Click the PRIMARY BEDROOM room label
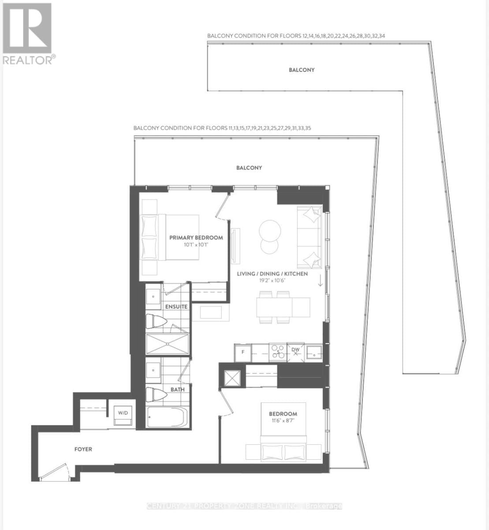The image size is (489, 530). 196,238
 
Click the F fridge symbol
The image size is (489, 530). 242,352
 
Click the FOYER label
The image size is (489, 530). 83,449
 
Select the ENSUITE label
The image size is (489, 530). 176,307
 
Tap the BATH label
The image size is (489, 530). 178,390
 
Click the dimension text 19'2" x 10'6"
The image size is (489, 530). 272,280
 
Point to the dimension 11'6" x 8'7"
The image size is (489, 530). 283,420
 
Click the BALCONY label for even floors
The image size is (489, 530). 302,70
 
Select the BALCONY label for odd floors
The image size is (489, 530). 249,168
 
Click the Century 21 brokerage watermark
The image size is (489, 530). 244,506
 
